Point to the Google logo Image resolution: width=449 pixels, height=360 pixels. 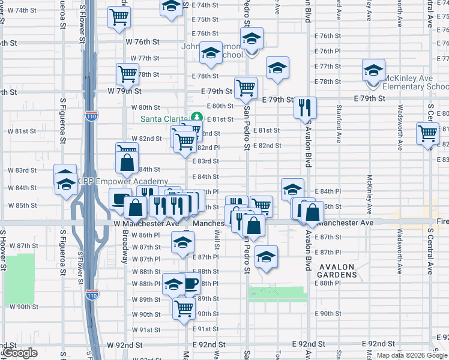point(20,353)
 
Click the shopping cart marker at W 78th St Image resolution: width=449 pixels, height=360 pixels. point(127,74)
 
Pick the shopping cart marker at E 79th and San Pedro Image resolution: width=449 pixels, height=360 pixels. point(246,88)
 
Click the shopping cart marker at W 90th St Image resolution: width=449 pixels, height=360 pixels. point(184,308)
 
